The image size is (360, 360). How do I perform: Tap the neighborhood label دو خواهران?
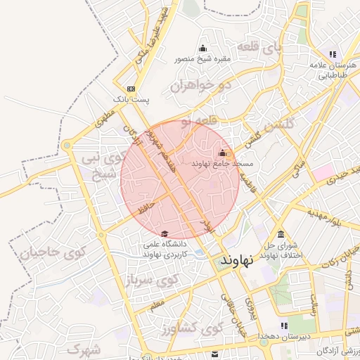click(200, 86)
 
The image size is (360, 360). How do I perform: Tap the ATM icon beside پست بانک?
click(130, 89)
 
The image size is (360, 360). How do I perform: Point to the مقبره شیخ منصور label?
click(202, 60)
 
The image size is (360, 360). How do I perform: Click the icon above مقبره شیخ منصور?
click(203, 49)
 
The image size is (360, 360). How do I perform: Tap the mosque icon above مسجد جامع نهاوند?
click(223, 153)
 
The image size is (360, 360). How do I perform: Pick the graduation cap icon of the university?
click(165, 234)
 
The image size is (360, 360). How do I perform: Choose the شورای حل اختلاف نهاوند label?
click(281, 250)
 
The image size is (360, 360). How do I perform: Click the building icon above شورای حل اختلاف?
click(281, 234)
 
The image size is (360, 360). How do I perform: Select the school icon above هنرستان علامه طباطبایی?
click(333, 54)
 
